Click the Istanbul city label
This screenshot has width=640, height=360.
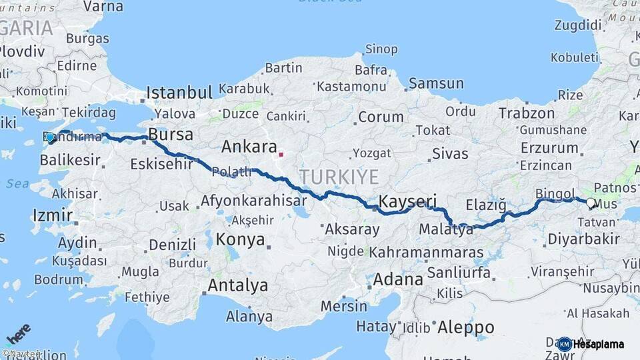179,92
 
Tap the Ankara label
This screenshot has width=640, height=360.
249,147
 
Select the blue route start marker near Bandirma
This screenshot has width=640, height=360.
50,137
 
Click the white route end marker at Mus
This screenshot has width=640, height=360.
590,202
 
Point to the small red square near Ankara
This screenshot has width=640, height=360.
281,155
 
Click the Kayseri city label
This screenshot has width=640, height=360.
407,201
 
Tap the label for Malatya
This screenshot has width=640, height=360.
446,229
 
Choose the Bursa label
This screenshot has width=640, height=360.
171,135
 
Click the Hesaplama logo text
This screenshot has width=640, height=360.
599,345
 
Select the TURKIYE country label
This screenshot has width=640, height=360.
338,177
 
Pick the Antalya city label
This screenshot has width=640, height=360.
237,286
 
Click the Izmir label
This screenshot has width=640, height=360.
52,215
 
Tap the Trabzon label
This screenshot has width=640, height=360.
526,113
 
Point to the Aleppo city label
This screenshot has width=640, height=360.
466,327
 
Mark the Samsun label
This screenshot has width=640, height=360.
436,83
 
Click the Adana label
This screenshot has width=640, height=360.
397,279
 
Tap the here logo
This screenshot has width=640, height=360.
18,334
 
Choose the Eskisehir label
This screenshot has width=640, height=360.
161,163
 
